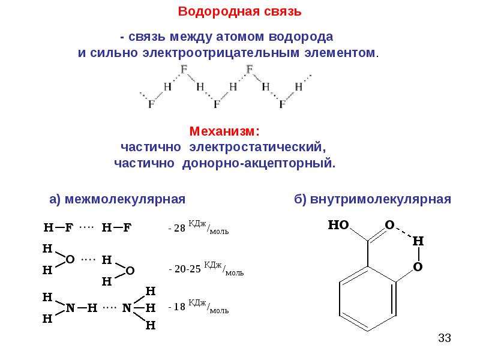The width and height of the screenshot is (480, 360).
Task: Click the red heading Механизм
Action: pyautogui.click(x=223, y=131)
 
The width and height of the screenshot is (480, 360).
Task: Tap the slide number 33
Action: pyautogui.click(x=445, y=338)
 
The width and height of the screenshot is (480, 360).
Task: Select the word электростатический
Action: pyautogui.click(x=257, y=147)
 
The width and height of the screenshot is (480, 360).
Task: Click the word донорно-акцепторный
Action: pyautogui.click(x=259, y=163)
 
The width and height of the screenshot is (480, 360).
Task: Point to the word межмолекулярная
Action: pyautogui.click(x=125, y=199)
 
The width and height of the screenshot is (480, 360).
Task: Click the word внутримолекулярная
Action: pyautogui.click(x=380, y=199)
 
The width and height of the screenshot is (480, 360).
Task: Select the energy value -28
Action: pyautogui.click(x=177, y=228)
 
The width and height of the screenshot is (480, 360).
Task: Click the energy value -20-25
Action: pyautogui.click(x=185, y=269)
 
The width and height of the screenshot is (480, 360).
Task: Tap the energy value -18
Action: pyautogui.click(x=177, y=307)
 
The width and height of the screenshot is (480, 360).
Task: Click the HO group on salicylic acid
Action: pyautogui.click(x=338, y=225)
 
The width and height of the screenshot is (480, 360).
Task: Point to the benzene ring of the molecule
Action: pyautogui.click(x=368, y=299)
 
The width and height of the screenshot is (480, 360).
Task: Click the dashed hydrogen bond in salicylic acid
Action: pyautogui.click(x=404, y=232)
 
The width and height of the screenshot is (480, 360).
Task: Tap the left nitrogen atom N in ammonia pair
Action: pyautogui.click(x=70, y=308)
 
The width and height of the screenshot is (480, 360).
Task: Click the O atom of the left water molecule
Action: pyautogui.click(x=70, y=260)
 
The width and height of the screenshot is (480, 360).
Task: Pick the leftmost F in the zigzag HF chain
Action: pyautogui.click(x=151, y=104)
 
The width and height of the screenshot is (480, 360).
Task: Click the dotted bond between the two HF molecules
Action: pyautogui.click(x=86, y=227)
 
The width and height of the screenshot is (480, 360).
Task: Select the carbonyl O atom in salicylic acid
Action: pyautogui.click(x=389, y=225)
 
